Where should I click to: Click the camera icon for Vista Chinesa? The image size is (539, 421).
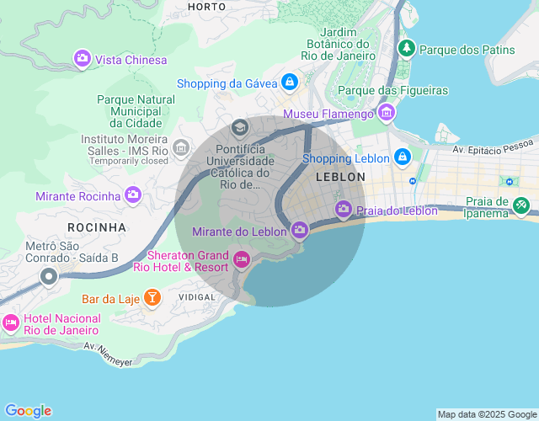point(83,58)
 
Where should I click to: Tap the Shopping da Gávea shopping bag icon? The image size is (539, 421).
point(290,82)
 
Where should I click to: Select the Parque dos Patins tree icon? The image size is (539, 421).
point(408,48)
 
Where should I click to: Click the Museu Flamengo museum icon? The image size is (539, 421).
point(387,112)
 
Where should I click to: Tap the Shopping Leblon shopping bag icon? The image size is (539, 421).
point(403,157)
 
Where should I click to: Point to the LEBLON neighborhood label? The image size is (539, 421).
point(340,177)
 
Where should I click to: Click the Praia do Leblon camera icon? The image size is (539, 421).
point(343,208)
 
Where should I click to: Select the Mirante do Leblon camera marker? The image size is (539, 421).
point(299,229)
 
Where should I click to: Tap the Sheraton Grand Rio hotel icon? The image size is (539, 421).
point(242,258)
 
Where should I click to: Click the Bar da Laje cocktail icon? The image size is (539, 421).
point(152,296)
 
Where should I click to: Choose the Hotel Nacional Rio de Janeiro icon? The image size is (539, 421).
point(11,322)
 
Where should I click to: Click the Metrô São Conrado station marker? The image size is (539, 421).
point(49,275)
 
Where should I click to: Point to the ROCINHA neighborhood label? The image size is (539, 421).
point(97,227)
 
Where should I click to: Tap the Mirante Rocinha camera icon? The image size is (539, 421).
point(132,195)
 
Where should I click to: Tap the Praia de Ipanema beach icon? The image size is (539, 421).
point(521,204)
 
